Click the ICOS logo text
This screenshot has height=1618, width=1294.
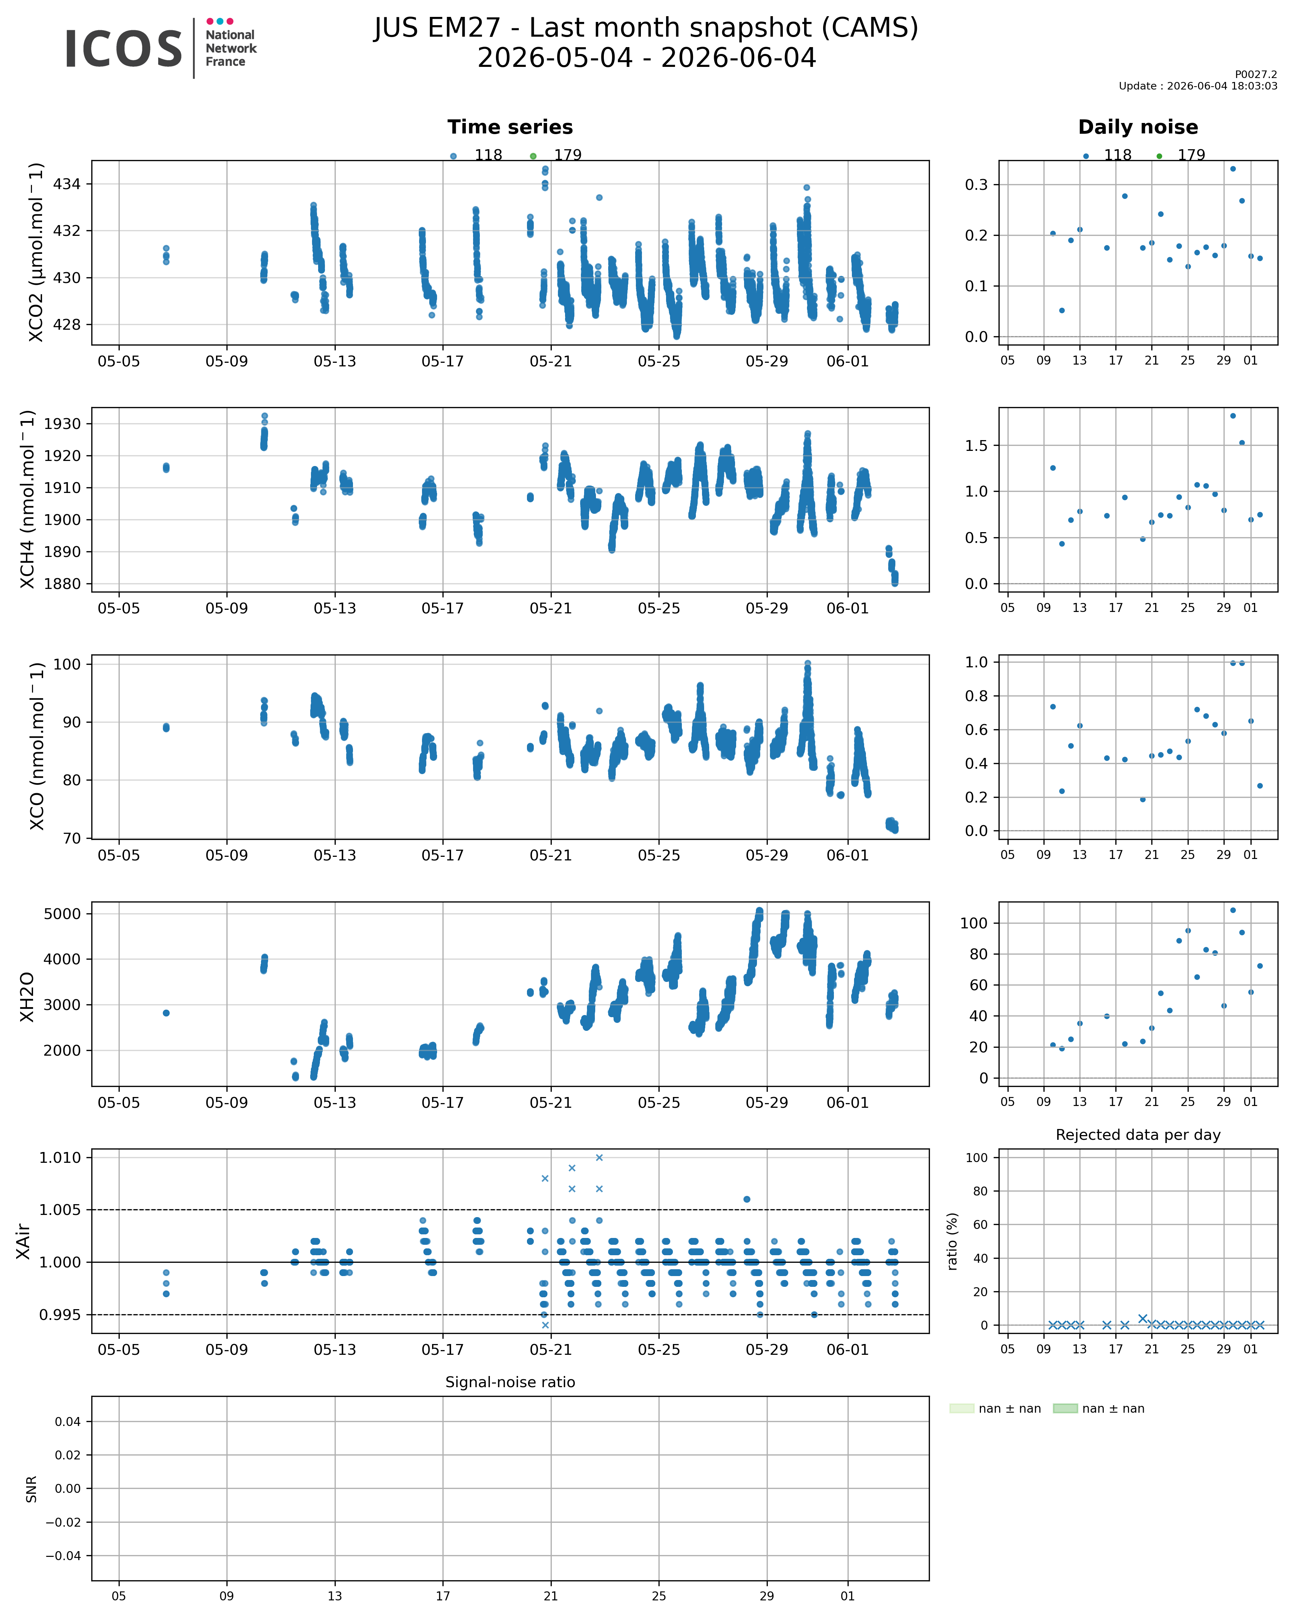(x=124, y=50)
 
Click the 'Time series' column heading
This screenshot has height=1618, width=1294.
(x=510, y=127)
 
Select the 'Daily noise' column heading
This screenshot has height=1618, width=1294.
(x=1138, y=127)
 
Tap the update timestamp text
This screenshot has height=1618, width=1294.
(x=1198, y=86)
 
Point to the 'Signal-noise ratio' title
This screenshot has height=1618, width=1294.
(x=510, y=1382)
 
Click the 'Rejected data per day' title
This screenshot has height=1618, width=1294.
(x=1138, y=1135)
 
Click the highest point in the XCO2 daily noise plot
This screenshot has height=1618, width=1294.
(x=1233, y=169)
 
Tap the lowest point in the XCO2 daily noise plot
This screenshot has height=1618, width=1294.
(x=1061, y=310)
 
